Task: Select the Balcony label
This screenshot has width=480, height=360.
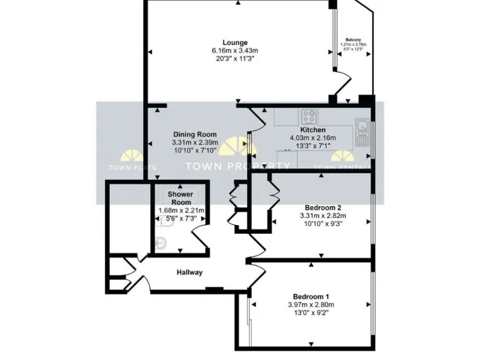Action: (x=353, y=39)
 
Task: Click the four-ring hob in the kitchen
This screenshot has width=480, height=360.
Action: (x=308, y=116)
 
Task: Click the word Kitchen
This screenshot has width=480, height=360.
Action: (x=312, y=130)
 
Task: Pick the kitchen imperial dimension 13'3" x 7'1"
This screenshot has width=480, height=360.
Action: (x=312, y=146)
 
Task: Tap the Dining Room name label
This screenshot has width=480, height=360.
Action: (x=194, y=134)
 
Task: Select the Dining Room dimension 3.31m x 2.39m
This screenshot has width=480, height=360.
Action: (x=194, y=142)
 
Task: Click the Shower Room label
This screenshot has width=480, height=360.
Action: (x=180, y=198)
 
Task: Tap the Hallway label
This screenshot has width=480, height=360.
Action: (x=189, y=272)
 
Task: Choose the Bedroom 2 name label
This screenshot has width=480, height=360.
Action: (x=322, y=207)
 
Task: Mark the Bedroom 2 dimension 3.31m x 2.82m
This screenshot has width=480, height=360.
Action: (x=322, y=216)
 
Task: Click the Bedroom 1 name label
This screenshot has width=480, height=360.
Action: (x=311, y=296)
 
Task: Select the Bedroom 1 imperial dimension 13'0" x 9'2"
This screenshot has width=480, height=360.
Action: (x=311, y=313)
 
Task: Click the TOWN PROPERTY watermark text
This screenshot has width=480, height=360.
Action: (x=238, y=166)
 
